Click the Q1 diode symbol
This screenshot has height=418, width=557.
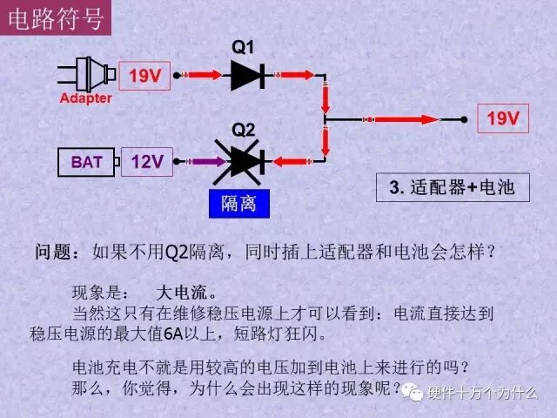point(248,76)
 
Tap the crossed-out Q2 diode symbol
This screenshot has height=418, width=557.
point(238,162)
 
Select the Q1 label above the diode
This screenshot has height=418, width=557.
point(243,47)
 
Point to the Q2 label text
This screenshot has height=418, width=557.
point(244,130)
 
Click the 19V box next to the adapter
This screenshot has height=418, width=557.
point(144,76)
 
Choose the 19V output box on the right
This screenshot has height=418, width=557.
point(503,118)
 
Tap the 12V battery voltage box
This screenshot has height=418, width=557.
point(147,162)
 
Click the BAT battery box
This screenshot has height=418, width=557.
point(86,162)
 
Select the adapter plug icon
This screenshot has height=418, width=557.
point(87,75)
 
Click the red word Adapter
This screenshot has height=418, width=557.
point(85,98)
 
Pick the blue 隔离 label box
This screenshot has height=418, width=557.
point(239,204)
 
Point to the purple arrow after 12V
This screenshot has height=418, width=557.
point(205,162)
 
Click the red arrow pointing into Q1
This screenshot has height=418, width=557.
point(201,75)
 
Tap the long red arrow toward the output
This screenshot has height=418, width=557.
point(401,119)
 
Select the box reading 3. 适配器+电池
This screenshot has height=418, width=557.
point(453,187)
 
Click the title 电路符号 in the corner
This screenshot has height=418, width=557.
point(56,18)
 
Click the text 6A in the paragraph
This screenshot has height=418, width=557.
point(173,334)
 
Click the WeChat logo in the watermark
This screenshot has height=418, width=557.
point(412,393)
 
